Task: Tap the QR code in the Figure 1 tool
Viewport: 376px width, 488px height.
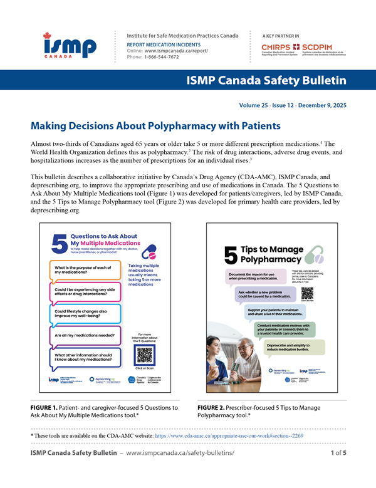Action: [144, 355]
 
